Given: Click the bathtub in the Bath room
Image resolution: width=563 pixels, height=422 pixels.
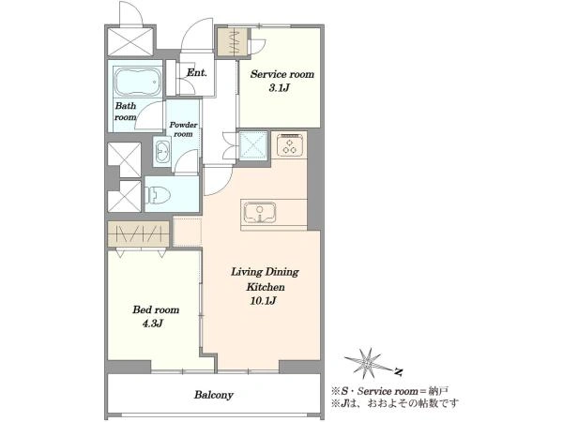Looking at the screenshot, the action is pos(138,83).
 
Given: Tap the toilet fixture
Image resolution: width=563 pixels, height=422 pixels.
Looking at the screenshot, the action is pos(157,195).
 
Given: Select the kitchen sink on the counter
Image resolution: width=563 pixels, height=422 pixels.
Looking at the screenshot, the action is pos(260,212).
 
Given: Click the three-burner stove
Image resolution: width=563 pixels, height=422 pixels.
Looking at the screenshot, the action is pos(292,144).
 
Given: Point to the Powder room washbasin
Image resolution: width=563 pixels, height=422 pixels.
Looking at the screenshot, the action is pos(162,152).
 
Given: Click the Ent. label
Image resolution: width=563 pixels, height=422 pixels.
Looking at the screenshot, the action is pos(197,73).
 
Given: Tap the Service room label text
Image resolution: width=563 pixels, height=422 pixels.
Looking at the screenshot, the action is pos(282,74).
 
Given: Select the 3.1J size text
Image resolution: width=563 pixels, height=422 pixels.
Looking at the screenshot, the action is pos(279,88).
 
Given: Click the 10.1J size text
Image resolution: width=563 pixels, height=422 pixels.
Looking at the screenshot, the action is pos(263,301).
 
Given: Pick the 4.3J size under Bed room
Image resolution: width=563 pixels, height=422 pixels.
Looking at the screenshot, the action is pos(153,324).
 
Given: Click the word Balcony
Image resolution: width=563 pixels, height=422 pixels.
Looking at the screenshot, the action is pos(214,395).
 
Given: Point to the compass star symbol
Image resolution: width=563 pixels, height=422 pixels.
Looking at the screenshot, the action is pos(367,363).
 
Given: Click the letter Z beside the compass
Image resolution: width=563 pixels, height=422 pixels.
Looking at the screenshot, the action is pos(398,372).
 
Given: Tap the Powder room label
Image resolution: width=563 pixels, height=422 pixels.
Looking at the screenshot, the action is pos(183,129).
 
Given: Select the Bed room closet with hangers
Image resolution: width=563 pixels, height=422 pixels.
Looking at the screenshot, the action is pos(139,234).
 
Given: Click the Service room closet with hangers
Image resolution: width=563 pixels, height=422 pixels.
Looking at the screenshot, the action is pos(233,42).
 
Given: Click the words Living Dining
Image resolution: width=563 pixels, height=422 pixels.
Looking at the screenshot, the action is pos(265,272).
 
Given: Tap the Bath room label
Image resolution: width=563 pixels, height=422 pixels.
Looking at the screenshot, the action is pos(126,112).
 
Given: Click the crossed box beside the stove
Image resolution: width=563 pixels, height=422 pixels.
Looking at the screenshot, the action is pos(254,145).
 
